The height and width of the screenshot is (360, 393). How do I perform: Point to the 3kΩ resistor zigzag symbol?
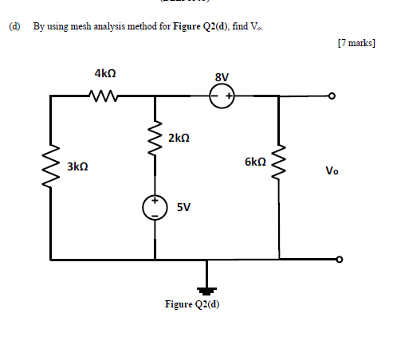pyautogui.click(x=50, y=165)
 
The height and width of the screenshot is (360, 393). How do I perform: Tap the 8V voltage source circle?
pyautogui.click(x=222, y=96)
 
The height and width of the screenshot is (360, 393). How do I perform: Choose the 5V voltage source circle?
pyautogui.click(x=155, y=207)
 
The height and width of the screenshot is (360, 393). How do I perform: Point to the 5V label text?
pyautogui.click(x=183, y=207)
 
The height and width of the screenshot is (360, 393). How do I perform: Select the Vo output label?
pyautogui.click(x=332, y=170)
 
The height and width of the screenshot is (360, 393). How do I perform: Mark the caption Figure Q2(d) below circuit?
pyautogui.click(x=191, y=304)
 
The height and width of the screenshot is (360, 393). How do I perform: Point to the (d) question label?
pyautogui.click(x=14, y=26)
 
